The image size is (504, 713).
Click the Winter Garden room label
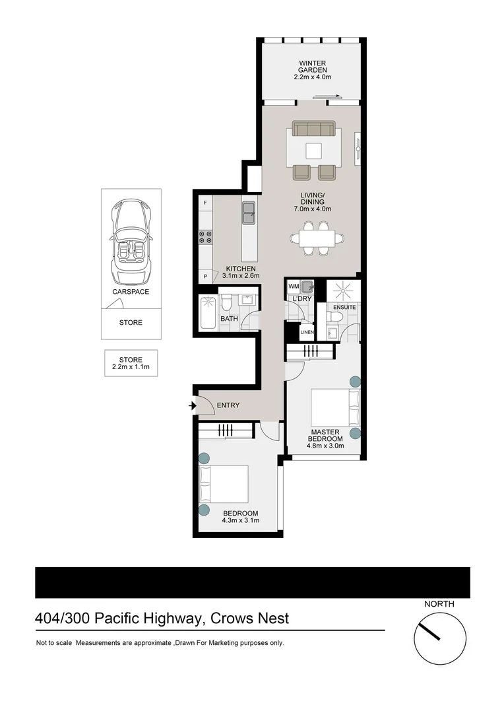point(312,67)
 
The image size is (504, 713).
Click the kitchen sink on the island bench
point(249,212)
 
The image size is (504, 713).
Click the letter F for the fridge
point(205,202)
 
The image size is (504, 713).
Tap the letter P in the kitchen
point(205,276)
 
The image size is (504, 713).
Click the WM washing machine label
point(293,286)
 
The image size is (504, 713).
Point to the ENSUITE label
point(344,308)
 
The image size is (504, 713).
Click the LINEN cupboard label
point(307,332)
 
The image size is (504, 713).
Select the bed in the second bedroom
point(224,485)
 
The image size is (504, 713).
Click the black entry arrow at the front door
point(193,405)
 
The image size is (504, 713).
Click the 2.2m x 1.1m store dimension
point(131,367)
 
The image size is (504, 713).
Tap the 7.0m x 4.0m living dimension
point(313,209)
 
